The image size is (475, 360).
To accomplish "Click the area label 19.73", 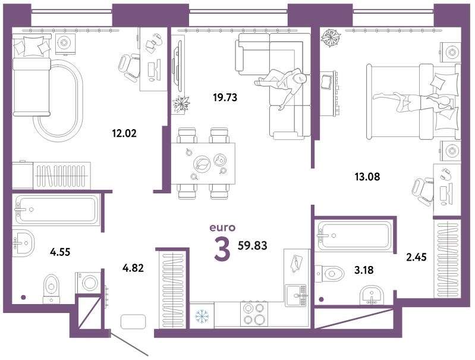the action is (x=225, y=98).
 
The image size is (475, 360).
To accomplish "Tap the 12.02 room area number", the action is (x=124, y=133).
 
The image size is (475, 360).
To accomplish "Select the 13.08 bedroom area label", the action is (x=367, y=176).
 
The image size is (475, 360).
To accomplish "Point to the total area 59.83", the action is (x=252, y=245).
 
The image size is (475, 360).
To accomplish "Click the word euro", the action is (x=222, y=227).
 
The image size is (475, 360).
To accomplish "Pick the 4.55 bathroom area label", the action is (x=60, y=252).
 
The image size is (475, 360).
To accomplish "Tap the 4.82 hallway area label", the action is (x=133, y=268).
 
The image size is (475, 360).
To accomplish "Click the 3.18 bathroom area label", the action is (x=364, y=270).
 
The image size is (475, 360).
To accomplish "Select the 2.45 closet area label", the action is (x=416, y=257).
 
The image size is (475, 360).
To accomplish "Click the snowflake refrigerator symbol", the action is (x=202, y=316).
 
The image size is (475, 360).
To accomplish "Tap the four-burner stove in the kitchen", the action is (x=254, y=314).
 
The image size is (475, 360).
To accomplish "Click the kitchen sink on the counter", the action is (x=297, y=295).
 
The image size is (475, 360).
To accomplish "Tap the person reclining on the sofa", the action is (x=284, y=84).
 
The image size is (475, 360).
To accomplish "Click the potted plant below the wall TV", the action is (x=181, y=104).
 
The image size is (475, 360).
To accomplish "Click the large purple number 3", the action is (x=222, y=249).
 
